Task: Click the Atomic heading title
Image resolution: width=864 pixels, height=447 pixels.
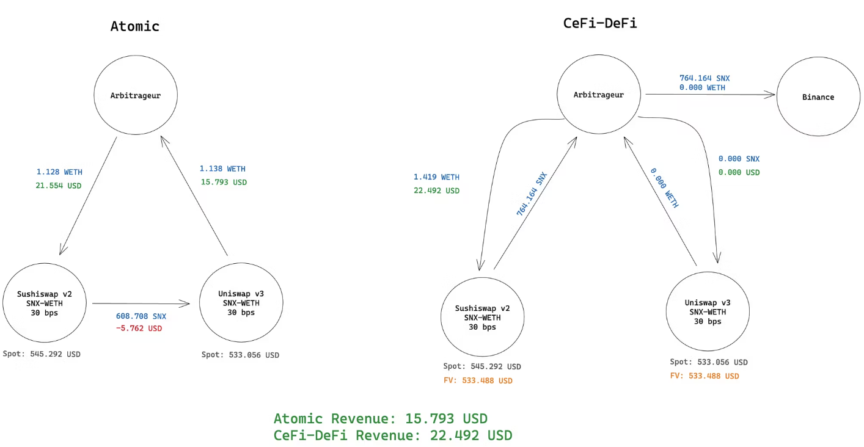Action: (x=134, y=26)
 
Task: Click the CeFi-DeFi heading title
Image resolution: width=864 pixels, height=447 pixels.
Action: (x=599, y=23)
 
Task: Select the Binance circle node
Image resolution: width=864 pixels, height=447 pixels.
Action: (x=818, y=97)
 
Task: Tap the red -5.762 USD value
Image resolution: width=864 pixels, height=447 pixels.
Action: (x=139, y=329)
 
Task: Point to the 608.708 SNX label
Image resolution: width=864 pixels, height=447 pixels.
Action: (x=141, y=316)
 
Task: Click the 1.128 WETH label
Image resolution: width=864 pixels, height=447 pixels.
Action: (x=59, y=172)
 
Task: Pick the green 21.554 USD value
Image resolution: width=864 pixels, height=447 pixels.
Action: (x=59, y=185)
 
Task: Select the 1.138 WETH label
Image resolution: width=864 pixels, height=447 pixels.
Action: (x=222, y=169)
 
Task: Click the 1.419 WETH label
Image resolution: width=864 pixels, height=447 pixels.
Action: (x=436, y=177)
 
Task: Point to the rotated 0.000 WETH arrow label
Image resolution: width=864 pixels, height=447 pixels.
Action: (x=665, y=187)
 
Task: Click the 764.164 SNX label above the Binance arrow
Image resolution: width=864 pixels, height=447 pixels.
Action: (x=705, y=78)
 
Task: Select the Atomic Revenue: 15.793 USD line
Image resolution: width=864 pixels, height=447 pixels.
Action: (x=380, y=419)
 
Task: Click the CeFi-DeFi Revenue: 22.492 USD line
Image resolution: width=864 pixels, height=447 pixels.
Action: (x=392, y=435)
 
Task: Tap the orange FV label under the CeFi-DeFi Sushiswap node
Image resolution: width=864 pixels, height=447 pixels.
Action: (x=478, y=381)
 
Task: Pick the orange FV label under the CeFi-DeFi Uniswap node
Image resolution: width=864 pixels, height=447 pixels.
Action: (x=704, y=376)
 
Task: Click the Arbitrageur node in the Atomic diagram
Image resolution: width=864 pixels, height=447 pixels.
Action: (x=135, y=96)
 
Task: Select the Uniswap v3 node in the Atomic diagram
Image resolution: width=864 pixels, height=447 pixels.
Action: (x=241, y=303)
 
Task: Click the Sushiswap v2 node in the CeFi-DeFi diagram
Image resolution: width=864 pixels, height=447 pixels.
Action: (x=482, y=318)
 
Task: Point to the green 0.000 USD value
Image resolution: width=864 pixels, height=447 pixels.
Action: (x=739, y=172)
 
